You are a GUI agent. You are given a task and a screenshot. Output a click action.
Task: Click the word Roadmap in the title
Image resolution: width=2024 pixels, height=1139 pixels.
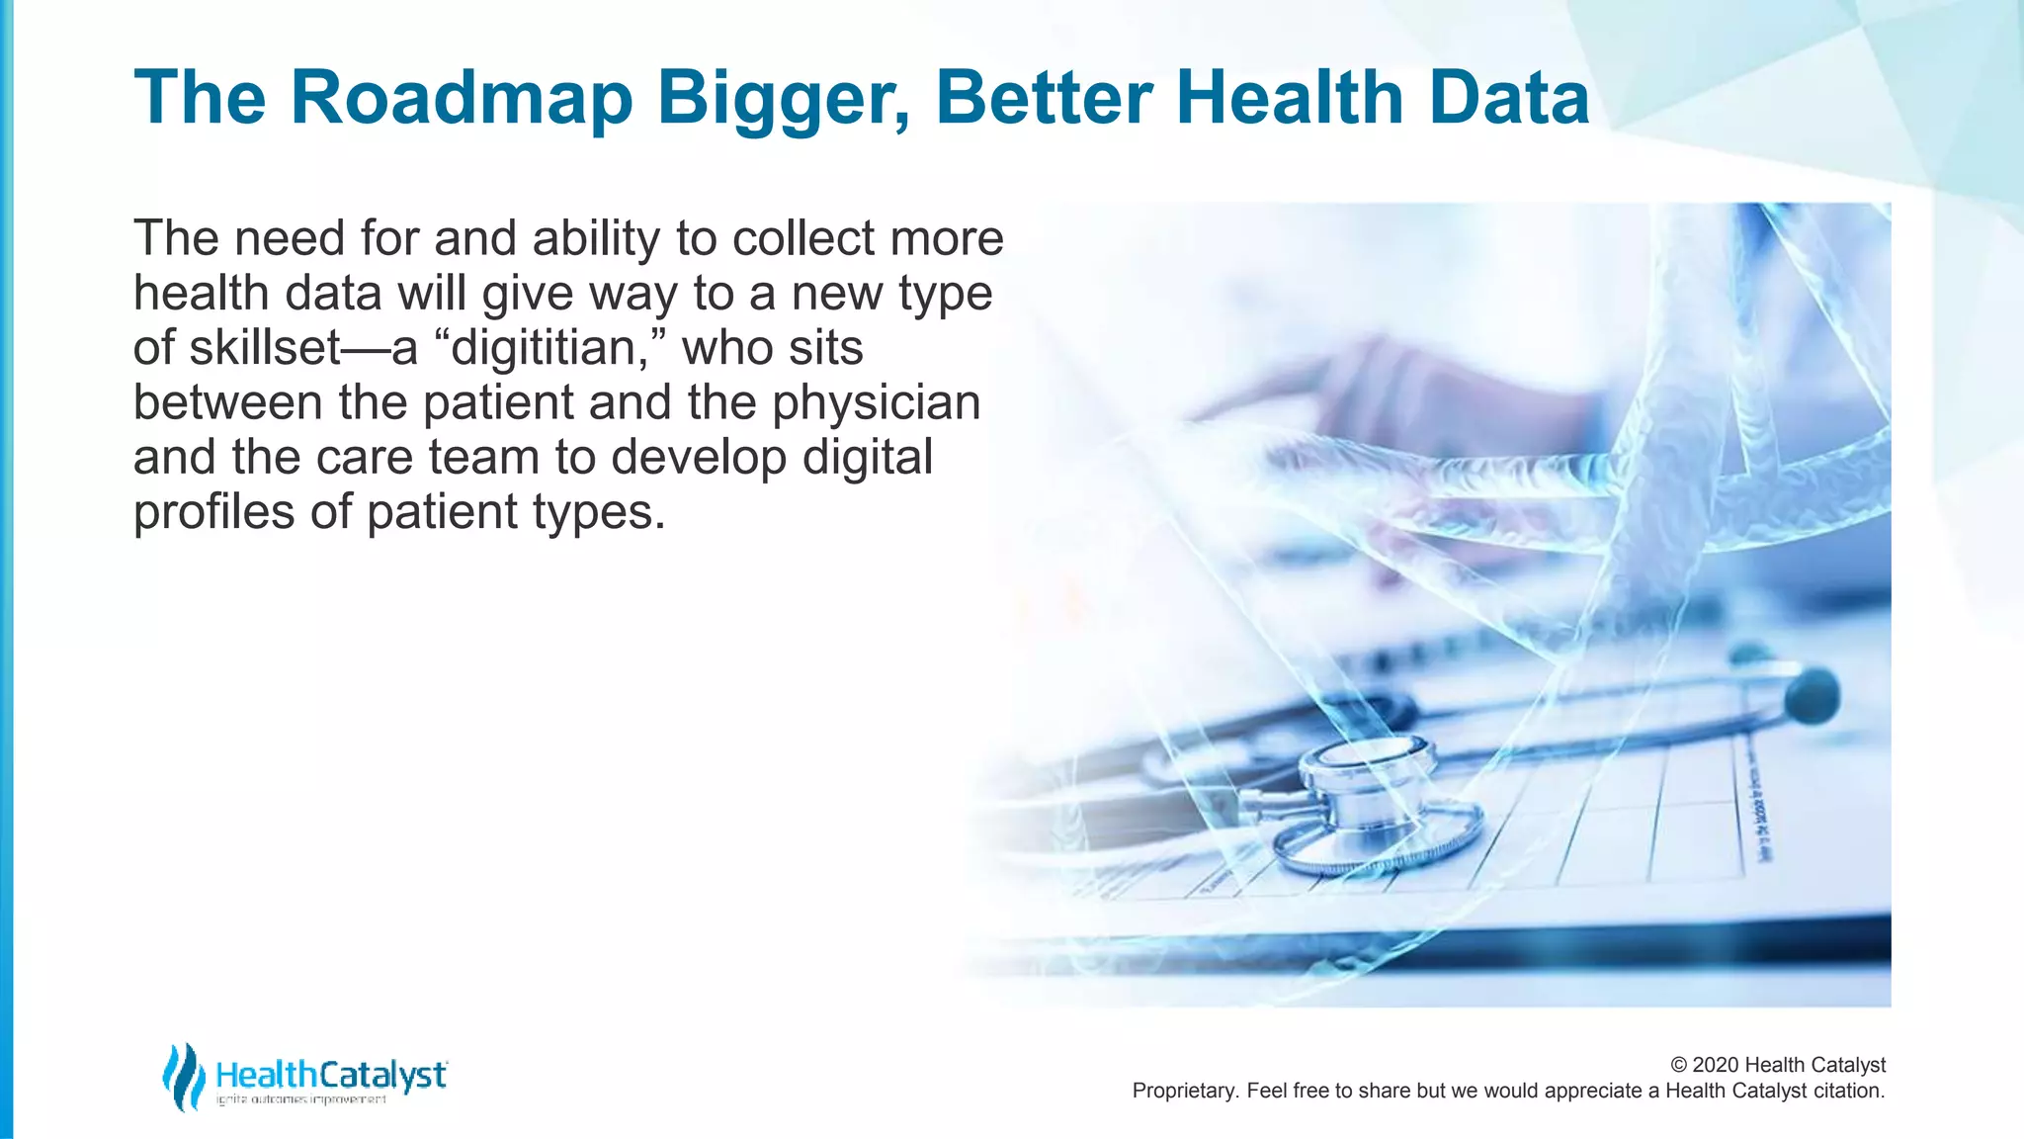point(462,98)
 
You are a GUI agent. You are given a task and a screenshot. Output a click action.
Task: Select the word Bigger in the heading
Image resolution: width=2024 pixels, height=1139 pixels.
point(783,100)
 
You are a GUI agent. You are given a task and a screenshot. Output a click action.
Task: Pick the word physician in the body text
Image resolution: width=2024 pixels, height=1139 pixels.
point(877,402)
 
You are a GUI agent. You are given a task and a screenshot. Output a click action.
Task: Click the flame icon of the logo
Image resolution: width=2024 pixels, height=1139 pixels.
point(183,1076)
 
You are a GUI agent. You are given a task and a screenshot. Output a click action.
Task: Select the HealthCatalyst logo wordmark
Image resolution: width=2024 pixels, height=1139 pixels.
point(331,1074)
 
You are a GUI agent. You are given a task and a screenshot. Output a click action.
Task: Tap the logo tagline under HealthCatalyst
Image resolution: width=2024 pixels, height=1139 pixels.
point(300,1100)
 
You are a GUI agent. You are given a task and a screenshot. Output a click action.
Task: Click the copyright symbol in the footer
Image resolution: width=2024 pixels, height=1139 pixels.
point(1678,1065)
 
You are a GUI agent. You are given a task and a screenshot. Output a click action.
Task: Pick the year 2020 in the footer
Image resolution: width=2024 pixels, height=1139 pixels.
point(1716,1065)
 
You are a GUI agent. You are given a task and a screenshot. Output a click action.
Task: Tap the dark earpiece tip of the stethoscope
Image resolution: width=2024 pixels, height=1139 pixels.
point(1813,694)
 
